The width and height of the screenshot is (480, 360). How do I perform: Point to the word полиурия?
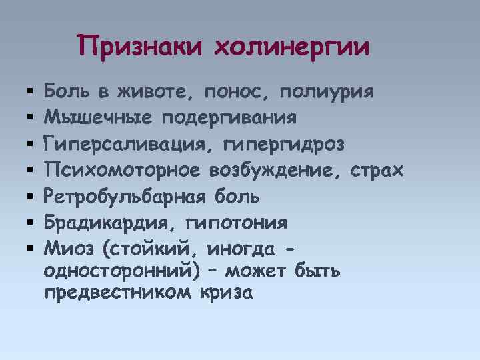click(x=327, y=91)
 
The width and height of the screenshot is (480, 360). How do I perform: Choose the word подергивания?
click(x=229, y=118)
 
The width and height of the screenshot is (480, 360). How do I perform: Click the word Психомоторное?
click(x=121, y=170)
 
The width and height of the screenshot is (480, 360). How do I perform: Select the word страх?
click(x=379, y=170)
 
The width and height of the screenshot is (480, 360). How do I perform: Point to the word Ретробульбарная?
click(x=126, y=196)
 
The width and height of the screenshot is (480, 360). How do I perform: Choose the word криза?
click(x=226, y=292)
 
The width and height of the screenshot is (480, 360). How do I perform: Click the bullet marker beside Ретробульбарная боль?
click(x=31, y=197)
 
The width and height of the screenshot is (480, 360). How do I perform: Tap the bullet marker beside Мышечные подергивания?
click(x=31, y=118)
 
